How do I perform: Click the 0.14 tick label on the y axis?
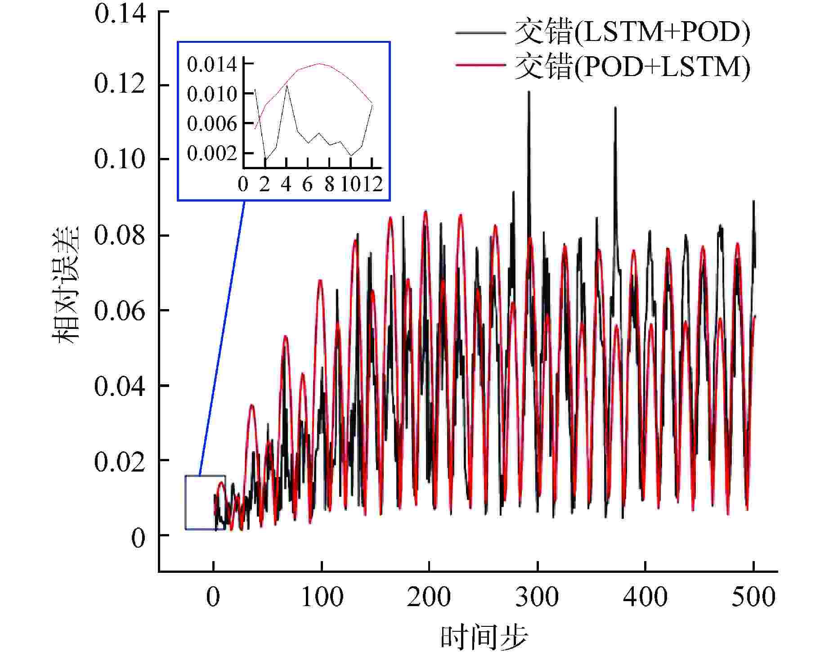[x=120, y=13]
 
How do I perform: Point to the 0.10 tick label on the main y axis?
[x=120, y=159]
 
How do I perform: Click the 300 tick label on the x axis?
[x=537, y=597]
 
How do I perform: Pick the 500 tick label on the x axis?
[x=753, y=597]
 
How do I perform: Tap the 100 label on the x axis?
[x=322, y=597]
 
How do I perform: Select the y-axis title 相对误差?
[x=67, y=285]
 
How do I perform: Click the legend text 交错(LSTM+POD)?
[x=632, y=32]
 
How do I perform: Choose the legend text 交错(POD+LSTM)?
[x=632, y=67]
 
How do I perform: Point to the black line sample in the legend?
[x=480, y=32]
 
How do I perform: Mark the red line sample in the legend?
[x=480, y=66]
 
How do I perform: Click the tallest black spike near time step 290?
[x=529, y=92]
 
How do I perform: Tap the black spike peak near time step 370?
[x=615, y=108]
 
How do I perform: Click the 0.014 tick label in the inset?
[x=212, y=65]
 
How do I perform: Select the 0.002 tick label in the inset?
[x=212, y=153]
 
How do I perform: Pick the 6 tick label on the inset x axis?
[x=308, y=184]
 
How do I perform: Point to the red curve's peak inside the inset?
[x=319, y=63]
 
